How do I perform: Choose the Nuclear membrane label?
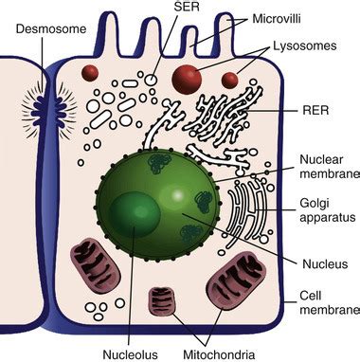pyautogui.click(x=326, y=169)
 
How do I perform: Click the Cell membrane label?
pyautogui.click(x=329, y=302)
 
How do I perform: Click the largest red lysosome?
pyautogui.click(x=187, y=78)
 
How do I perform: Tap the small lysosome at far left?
pyautogui.click(x=92, y=72)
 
